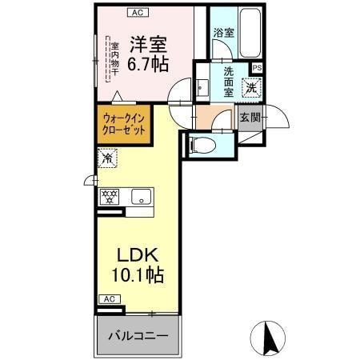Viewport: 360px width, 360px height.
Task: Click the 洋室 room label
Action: tap(148, 42)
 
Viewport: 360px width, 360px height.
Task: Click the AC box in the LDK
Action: tap(110, 299)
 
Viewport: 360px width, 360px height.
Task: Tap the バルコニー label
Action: tap(138, 336)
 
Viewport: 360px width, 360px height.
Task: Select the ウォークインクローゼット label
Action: tap(123, 123)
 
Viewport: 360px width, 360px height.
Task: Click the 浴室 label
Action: tap(223, 33)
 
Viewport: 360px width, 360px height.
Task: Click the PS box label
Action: tap(256, 69)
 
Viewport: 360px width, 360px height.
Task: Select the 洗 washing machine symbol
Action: tap(251, 88)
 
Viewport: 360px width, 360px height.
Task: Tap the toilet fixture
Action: tap(202, 146)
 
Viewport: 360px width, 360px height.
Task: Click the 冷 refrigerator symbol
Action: tap(107, 158)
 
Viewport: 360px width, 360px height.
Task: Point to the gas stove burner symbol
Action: tap(110, 194)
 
